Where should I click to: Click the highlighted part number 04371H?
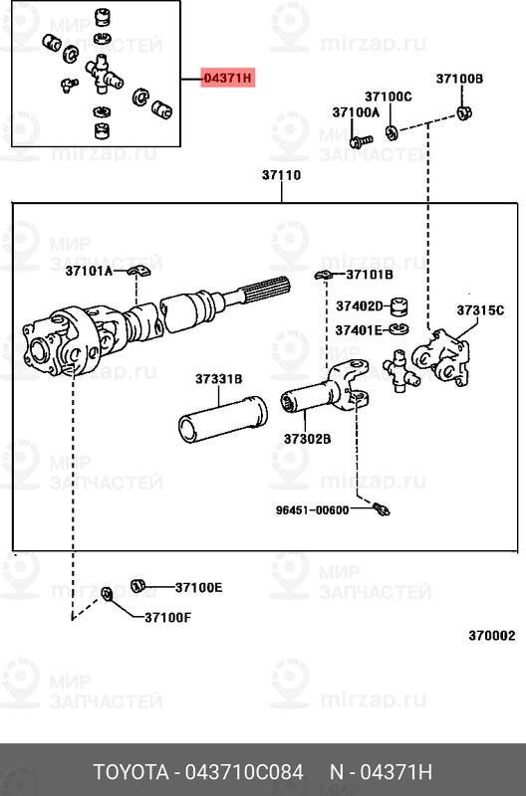pyautogui.click(x=228, y=77)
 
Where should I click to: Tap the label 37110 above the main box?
pyautogui.click(x=282, y=175)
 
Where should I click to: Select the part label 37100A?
pyautogui.click(x=356, y=113)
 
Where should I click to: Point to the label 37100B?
pyautogui.click(x=459, y=78)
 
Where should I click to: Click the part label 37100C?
pyautogui.click(x=388, y=97)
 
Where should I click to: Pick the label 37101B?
pyautogui.click(x=370, y=274)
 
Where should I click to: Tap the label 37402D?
pyautogui.click(x=360, y=305)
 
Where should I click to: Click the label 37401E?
pyautogui.click(x=359, y=330)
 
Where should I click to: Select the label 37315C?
pyautogui.click(x=481, y=309)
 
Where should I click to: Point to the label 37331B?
pyautogui.click(x=219, y=379)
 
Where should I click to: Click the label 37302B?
pyautogui.click(x=307, y=438)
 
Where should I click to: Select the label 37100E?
pyautogui.click(x=198, y=587)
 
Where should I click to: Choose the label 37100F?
pyautogui.click(x=167, y=617)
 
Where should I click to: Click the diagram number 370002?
pyautogui.click(x=492, y=634)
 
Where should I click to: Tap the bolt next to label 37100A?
pyautogui.click(x=361, y=141)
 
